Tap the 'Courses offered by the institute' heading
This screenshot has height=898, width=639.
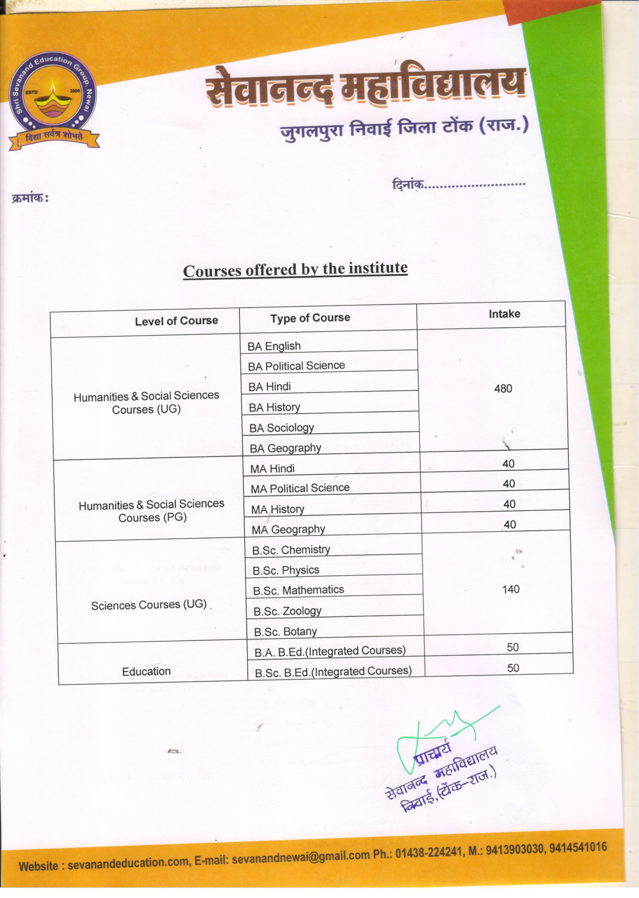(295, 270)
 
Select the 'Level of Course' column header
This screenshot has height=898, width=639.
(176, 321)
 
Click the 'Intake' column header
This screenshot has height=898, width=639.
(504, 314)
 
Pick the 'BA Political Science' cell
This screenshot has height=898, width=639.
(296, 366)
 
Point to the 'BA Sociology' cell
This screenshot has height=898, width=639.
(282, 428)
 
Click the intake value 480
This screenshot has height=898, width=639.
(503, 389)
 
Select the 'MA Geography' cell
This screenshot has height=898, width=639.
(288, 530)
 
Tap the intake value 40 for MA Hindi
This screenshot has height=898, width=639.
(508, 464)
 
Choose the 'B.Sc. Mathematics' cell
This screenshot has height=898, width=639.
(299, 590)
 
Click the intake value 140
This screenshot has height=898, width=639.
(511, 589)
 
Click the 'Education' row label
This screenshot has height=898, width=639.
(146, 671)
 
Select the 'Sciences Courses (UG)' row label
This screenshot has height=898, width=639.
(149, 605)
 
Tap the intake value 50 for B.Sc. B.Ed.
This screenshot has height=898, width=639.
(513, 668)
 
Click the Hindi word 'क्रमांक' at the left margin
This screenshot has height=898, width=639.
(28, 198)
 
